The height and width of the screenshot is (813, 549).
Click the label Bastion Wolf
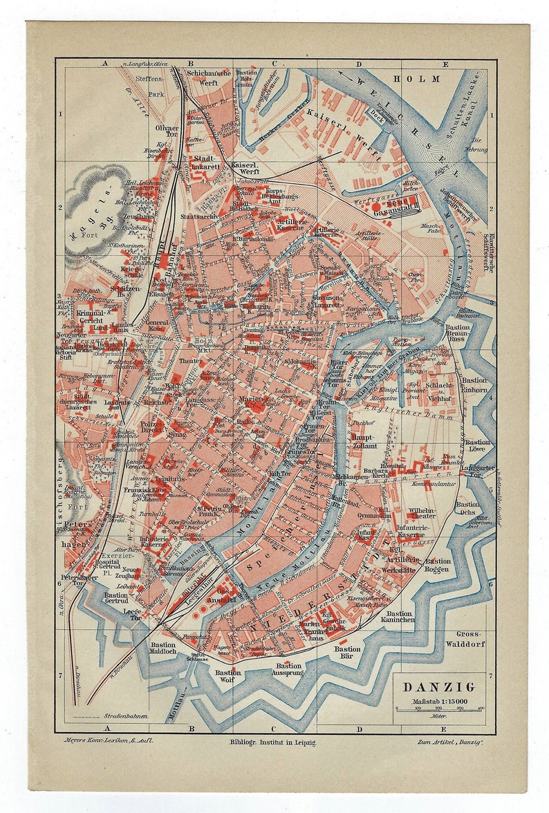[x=227, y=676]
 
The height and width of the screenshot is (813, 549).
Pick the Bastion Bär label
[x=347, y=653]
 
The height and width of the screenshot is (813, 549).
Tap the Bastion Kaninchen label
[x=400, y=617]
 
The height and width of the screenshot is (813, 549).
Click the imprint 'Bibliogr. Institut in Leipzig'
[x=272, y=742]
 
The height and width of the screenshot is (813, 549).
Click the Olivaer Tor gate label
[x=167, y=132]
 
